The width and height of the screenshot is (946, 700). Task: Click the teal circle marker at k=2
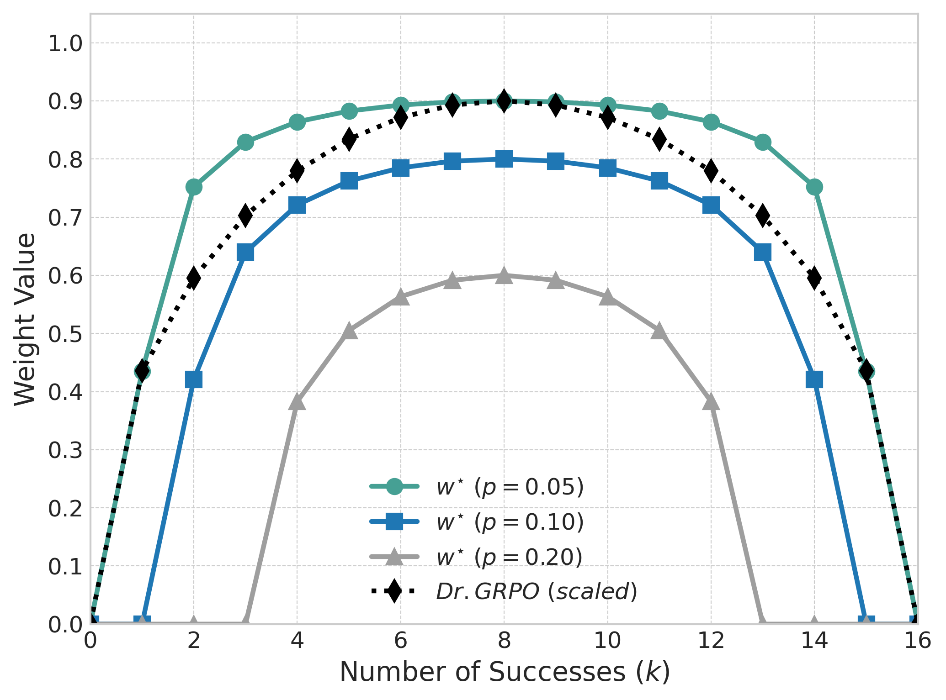(x=194, y=187)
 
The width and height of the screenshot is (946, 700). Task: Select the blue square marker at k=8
(x=504, y=159)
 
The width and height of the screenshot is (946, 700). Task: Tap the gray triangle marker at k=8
(x=504, y=276)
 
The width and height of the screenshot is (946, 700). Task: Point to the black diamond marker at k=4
(x=297, y=171)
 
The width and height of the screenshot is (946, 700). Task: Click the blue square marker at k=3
(x=245, y=252)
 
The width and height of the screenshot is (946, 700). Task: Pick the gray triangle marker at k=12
(x=711, y=402)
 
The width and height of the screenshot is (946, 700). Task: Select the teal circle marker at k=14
(x=814, y=187)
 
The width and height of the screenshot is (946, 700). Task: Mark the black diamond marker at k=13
(x=763, y=215)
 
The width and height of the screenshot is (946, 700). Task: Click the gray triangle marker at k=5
(x=349, y=331)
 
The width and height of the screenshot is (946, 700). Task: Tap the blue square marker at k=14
(x=814, y=379)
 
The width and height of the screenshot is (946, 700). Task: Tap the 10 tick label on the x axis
(x=607, y=641)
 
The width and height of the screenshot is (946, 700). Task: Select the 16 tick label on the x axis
(x=917, y=641)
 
